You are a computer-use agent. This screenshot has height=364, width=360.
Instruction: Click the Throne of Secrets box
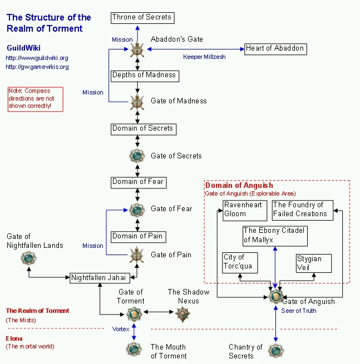click(x=142, y=18)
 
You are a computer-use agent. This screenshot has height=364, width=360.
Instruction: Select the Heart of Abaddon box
click(x=275, y=49)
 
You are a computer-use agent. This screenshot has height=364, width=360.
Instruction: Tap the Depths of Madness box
click(x=144, y=76)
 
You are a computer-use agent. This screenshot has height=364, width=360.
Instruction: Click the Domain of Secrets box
click(x=142, y=129)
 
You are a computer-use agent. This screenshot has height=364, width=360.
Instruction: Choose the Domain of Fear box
click(x=138, y=182)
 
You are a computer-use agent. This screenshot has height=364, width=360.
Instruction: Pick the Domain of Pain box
click(x=137, y=237)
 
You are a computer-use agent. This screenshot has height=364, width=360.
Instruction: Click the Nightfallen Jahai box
click(x=100, y=278)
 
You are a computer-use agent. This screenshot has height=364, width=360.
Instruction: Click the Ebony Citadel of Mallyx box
click(x=275, y=235)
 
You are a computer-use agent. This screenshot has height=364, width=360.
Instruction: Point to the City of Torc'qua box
click(x=240, y=262)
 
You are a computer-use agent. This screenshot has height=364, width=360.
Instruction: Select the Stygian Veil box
click(x=313, y=263)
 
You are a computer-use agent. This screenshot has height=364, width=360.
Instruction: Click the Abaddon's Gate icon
click(x=137, y=49)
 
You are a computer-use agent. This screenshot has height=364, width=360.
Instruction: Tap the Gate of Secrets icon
click(x=137, y=156)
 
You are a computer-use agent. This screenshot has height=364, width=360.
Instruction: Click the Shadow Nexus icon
click(x=183, y=315)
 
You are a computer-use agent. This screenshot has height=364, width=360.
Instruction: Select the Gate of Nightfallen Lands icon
click(x=28, y=258)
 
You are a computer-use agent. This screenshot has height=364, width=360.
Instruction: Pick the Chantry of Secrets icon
click(x=276, y=350)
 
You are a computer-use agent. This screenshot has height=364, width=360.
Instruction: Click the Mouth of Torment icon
click(x=134, y=349)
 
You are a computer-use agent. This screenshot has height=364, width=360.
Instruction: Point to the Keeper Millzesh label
click(x=204, y=57)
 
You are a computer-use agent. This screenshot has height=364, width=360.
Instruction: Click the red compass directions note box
click(x=35, y=99)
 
